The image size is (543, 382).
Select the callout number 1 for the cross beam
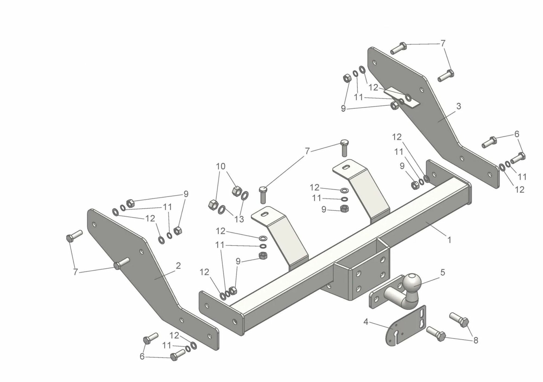[x=449, y=240]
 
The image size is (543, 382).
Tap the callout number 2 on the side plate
[x=178, y=266]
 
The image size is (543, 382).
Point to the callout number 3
[x=458, y=107]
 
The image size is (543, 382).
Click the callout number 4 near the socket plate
[x=366, y=322]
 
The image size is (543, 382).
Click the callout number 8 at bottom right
[x=475, y=340]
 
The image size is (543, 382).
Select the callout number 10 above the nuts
[x=221, y=166]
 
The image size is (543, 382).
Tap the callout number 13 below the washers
[x=239, y=219]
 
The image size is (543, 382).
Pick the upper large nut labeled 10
[x=236, y=190]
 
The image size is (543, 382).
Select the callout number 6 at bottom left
[x=142, y=356]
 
